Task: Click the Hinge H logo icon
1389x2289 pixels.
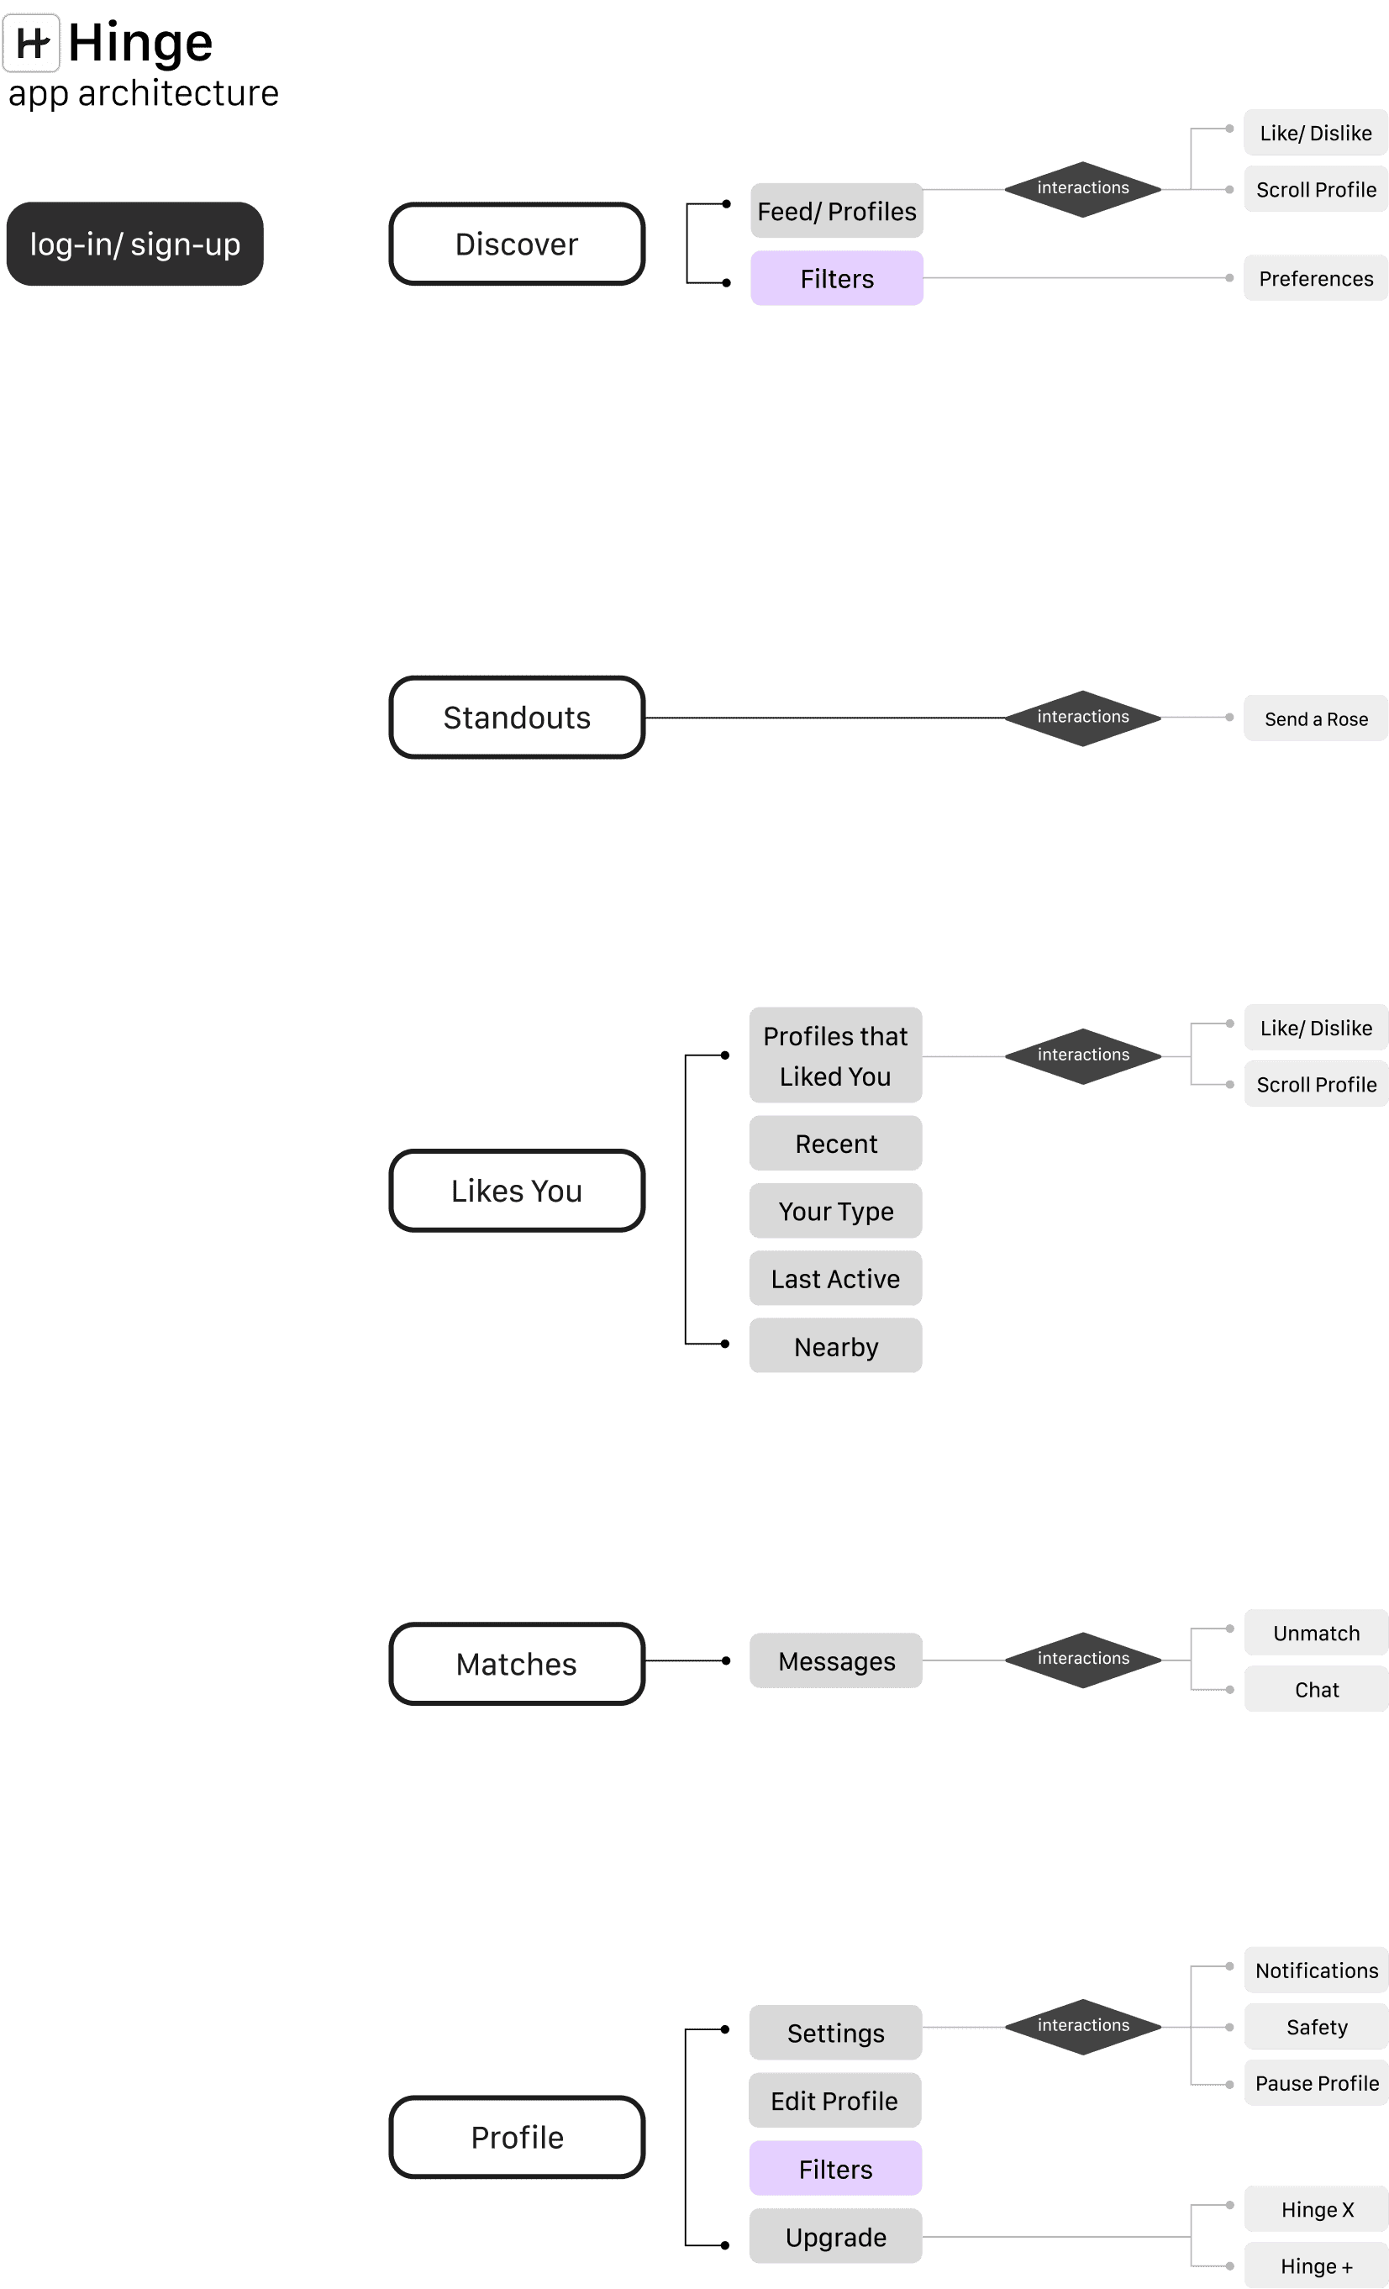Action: pos(32,43)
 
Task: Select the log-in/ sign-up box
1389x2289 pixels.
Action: pos(134,245)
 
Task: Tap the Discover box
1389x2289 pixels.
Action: pos(517,245)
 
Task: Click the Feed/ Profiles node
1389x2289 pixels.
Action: pos(836,211)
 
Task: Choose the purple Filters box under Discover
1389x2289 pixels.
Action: pos(836,279)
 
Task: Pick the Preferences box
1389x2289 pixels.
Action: pos(1316,279)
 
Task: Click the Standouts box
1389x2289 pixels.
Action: pos(517,717)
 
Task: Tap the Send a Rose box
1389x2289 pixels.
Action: pos(1316,718)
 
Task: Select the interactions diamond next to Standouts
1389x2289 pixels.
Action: pos(1082,717)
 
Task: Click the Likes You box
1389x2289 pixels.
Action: pos(517,1191)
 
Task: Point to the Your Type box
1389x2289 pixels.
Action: pos(835,1212)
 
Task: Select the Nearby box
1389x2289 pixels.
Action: pos(835,1346)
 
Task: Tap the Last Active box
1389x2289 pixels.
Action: pos(835,1278)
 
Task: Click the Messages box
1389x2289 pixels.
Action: pos(836,1661)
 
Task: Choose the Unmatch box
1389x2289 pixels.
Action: pos(1316,1634)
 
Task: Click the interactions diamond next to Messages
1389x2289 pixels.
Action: pos(1082,1659)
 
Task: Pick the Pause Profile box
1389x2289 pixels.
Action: pos(1316,2083)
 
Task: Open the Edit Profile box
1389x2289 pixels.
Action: pos(834,2101)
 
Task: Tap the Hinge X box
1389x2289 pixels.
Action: pos(1316,2209)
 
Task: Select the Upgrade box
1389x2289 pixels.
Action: pos(835,2237)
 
